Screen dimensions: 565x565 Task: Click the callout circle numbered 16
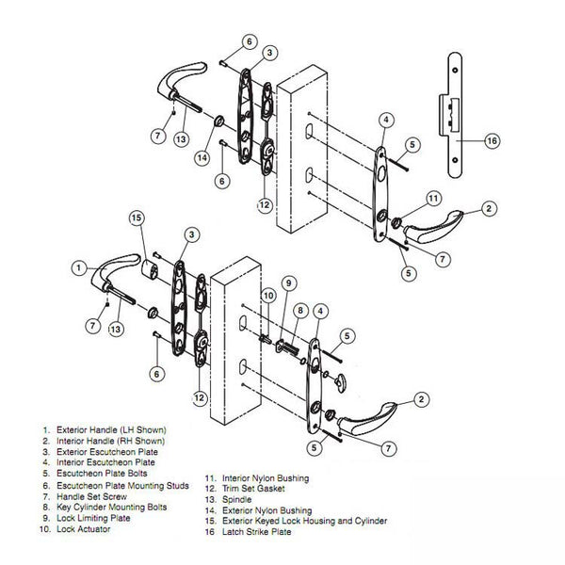pos(491,140)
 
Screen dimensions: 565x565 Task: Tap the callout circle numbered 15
pos(137,218)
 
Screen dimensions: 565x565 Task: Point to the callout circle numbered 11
pos(434,199)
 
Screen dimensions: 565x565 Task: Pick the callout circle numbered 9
pos(289,282)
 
